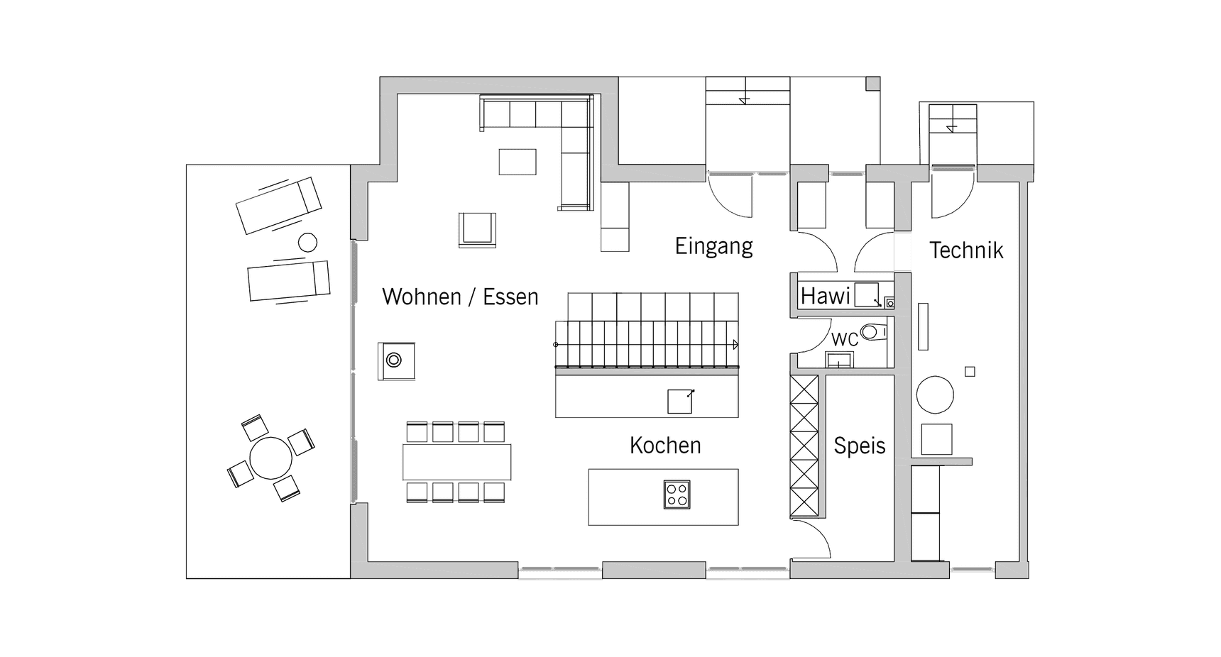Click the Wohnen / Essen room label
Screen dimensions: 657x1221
click(460, 297)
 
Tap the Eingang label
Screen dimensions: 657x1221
click(713, 246)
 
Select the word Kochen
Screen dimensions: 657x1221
click(665, 446)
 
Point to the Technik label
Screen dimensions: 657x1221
click(966, 250)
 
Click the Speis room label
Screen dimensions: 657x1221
click(859, 446)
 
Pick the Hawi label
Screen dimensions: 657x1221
click(825, 296)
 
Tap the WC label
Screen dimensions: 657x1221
click(845, 340)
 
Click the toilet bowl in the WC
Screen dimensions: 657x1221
click(872, 331)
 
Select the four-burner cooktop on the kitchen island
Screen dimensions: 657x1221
click(677, 495)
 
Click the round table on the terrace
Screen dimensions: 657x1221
click(270, 458)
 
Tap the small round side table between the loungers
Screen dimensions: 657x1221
click(307, 243)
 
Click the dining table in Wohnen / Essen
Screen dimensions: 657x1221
click(456, 462)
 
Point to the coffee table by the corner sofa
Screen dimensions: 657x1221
click(518, 161)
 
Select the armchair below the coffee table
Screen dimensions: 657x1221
click(477, 229)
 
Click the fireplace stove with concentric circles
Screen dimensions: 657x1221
click(394, 360)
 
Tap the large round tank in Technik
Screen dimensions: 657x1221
click(935, 394)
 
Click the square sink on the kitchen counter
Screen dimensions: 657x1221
click(679, 402)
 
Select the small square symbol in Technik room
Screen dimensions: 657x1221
click(970, 372)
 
